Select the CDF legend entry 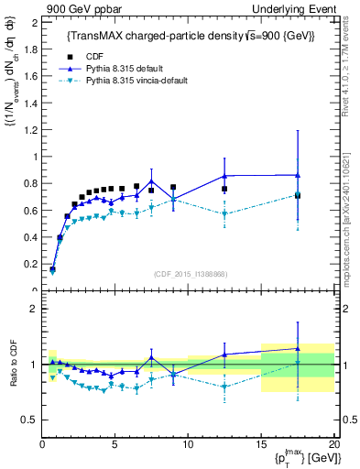tap(81, 56)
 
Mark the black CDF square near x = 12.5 tap(224, 189)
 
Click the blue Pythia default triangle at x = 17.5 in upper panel tap(298, 175)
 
